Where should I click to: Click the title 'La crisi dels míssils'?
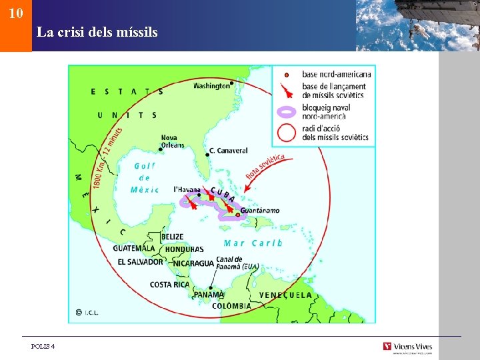pyautogui.click(x=97, y=31)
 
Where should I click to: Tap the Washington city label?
pyautogui.click(x=211, y=85)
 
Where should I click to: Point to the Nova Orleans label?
pyautogui.click(x=172, y=141)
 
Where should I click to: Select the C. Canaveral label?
pyautogui.click(x=228, y=151)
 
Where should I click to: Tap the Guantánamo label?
pyautogui.click(x=260, y=211)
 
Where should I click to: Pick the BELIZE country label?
pyautogui.click(x=172, y=237)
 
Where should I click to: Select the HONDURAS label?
pyautogui.click(x=184, y=249)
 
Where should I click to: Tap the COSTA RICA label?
pyautogui.click(x=169, y=285)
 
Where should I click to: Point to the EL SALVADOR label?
pyautogui.click(x=140, y=262)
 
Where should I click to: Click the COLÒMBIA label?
pyautogui.click(x=231, y=306)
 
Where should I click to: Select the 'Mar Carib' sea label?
pyautogui.click(x=253, y=243)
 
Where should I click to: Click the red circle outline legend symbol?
pyautogui.click(x=287, y=132)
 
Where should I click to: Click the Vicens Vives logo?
pyautogui.click(x=407, y=347)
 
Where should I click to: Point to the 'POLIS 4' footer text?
pyautogui.click(x=43, y=347)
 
